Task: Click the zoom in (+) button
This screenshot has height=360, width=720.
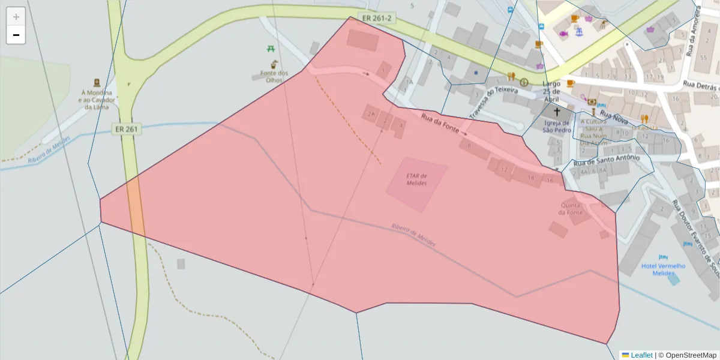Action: pos(16,16)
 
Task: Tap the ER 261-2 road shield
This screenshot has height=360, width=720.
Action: pos(377,18)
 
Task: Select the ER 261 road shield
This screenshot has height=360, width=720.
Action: pos(125,128)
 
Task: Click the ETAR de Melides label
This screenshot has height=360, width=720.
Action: pos(416,179)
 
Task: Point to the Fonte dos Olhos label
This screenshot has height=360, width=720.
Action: pos(274,77)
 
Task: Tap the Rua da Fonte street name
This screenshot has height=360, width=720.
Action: pos(440,123)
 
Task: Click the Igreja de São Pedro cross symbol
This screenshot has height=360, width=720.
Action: pos(557,112)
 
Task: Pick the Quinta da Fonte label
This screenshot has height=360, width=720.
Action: pos(570,209)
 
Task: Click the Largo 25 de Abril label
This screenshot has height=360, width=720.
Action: pos(551,91)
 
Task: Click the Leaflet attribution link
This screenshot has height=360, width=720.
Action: pos(641,355)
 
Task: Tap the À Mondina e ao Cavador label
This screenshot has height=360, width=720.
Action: pos(96,100)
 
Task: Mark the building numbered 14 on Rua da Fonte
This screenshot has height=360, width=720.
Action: pos(530,177)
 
